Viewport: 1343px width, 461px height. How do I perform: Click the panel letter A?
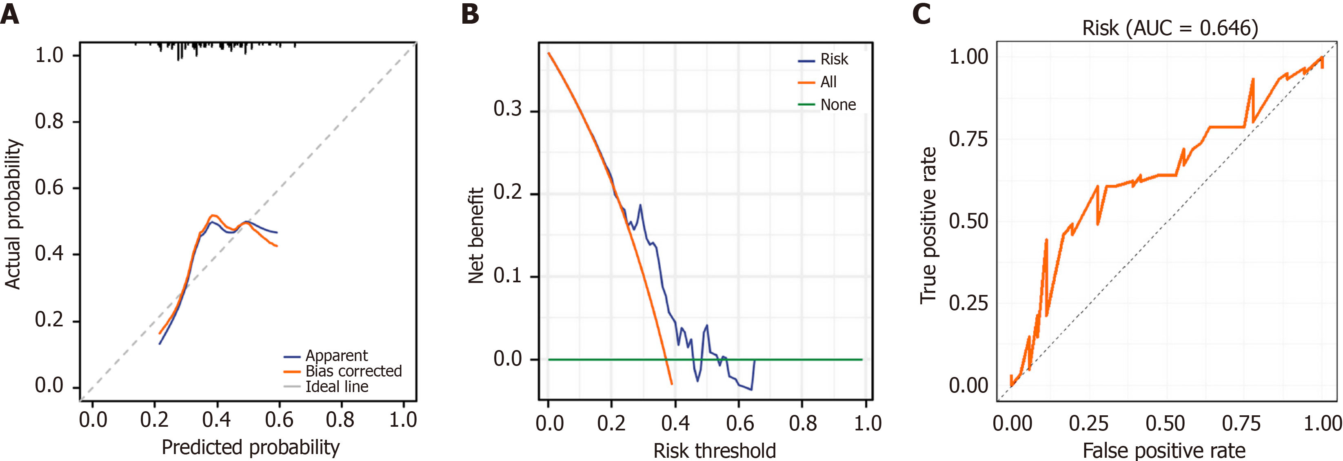(x=10, y=14)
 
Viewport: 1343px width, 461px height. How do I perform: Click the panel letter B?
(x=470, y=14)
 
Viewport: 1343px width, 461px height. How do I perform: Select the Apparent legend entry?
(x=336, y=356)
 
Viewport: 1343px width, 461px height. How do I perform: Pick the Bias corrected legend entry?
(x=353, y=371)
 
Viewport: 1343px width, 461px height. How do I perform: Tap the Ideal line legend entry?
(x=337, y=387)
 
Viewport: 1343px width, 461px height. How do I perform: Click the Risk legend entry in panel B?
(x=834, y=60)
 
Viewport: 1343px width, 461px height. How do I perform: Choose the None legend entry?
(x=838, y=105)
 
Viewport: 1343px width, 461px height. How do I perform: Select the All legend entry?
(x=828, y=82)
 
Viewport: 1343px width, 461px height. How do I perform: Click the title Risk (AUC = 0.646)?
(x=1170, y=28)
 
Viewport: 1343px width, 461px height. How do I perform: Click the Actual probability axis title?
(x=13, y=214)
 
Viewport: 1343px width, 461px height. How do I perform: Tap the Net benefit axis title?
(x=475, y=236)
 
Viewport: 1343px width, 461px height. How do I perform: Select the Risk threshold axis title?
(x=714, y=450)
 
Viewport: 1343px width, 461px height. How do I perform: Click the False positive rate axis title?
(x=1164, y=450)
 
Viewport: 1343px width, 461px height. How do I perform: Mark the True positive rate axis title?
(x=928, y=225)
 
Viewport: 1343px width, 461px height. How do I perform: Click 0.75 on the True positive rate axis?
(x=968, y=139)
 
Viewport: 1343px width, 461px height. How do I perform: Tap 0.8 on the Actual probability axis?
(x=49, y=122)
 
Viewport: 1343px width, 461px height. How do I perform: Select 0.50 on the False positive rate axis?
(x=1165, y=423)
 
